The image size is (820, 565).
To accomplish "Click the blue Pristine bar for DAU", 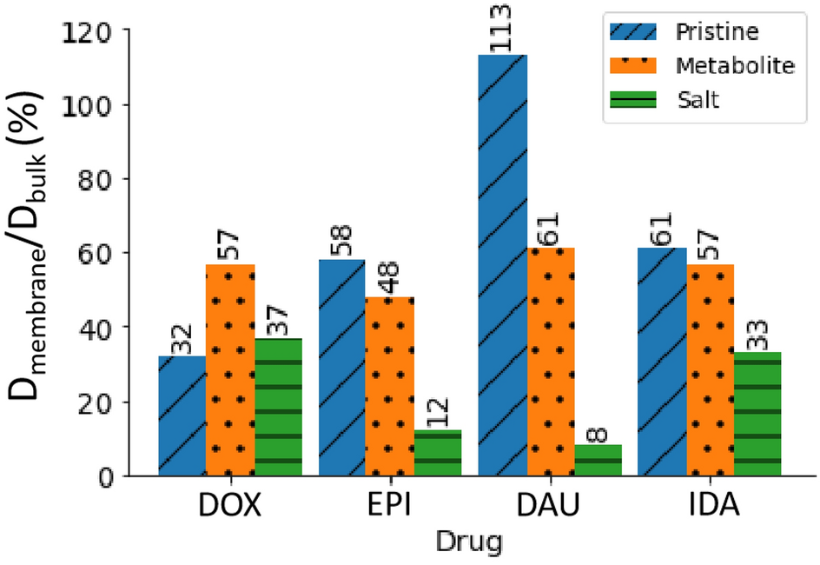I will coord(503,265).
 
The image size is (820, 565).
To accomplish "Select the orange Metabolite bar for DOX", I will coord(230,370).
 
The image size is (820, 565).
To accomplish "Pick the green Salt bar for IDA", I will coord(757,414).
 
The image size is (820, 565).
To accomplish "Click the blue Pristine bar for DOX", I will coord(182,415).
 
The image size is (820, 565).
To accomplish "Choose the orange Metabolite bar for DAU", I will coord(551,362).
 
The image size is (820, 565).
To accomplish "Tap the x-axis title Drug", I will coord(470,544).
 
